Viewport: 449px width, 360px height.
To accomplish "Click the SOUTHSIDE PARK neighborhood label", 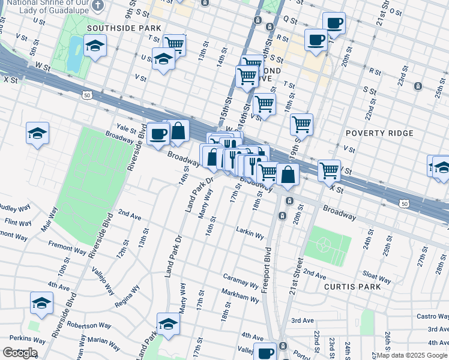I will click(x=124, y=28).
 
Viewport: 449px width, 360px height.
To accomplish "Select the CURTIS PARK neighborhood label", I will click(x=352, y=287).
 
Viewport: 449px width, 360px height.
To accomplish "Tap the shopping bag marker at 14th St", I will click(x=178, y=131).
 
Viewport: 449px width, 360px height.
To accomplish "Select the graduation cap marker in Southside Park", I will click(x=95, y=46).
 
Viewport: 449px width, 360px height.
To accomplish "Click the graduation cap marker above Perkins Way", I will click(x=41, y=303).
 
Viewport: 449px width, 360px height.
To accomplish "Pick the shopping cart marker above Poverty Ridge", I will click(x=301, y=124).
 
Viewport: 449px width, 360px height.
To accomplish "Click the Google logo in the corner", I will click(x=20, y=353).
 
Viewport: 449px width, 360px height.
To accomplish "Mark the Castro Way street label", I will click(x=432, y=316).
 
